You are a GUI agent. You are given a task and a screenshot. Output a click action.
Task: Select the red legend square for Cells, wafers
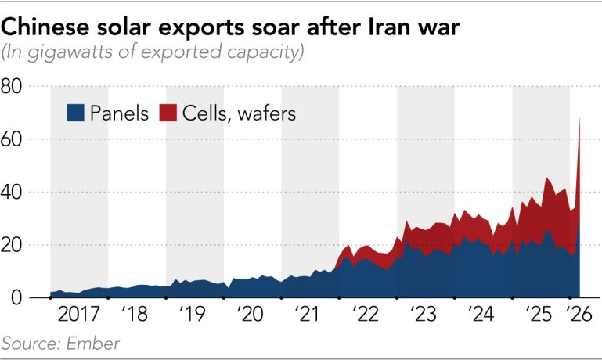(167, 113)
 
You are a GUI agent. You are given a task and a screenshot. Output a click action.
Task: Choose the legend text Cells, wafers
(239, 113)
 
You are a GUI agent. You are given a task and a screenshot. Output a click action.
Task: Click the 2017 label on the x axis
(79, 317)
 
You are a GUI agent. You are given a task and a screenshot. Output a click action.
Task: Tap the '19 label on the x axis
(193, 317)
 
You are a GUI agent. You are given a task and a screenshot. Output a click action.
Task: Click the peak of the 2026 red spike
(579, 118)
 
